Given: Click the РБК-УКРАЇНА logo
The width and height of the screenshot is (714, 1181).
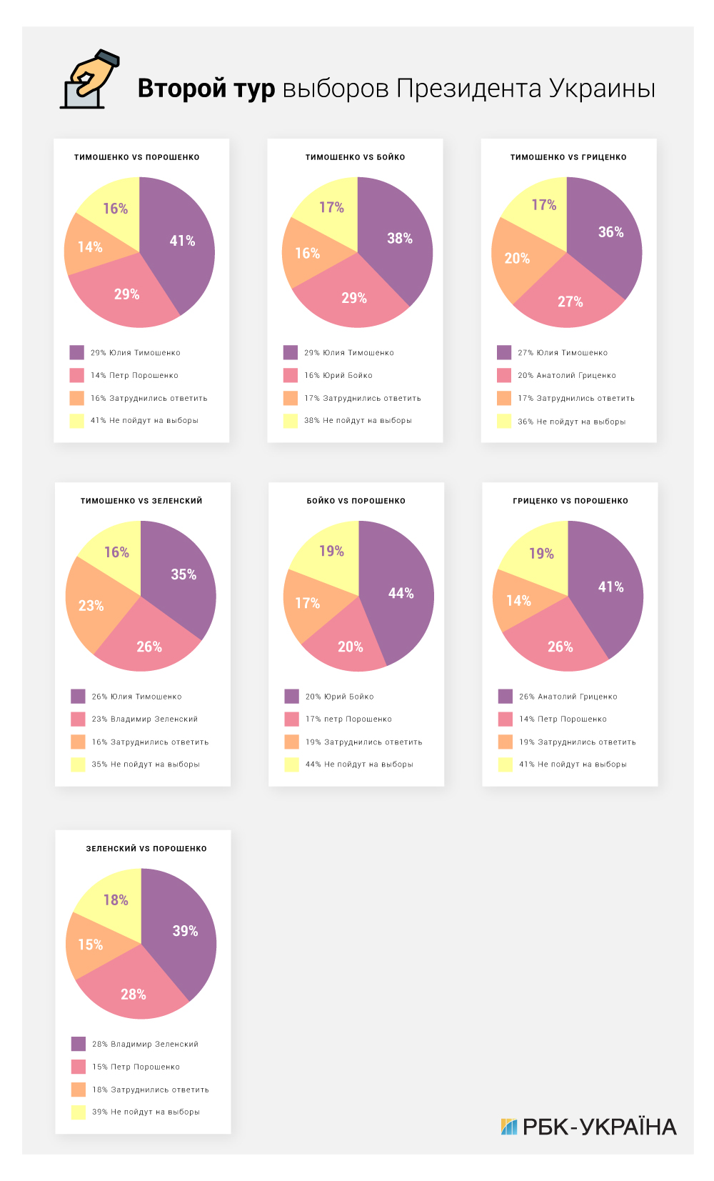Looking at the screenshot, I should [588, 1127].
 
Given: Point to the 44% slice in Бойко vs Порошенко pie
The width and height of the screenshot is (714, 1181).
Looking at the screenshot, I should [398, 594].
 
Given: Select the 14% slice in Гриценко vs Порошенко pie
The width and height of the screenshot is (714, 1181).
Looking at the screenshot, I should [519, 602].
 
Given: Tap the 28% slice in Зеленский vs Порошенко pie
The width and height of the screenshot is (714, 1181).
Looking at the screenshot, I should [134, 993].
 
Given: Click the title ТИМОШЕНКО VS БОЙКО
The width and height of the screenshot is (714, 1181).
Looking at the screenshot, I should [355, 157].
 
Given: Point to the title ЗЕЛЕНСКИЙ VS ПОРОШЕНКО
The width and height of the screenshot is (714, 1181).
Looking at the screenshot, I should [146, 849].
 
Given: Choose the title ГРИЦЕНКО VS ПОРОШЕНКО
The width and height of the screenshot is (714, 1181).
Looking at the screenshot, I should [570, 501].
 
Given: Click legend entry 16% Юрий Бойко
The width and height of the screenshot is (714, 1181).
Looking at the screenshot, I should [338, 375].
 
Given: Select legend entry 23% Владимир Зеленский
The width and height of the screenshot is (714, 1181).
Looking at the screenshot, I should [144, 719].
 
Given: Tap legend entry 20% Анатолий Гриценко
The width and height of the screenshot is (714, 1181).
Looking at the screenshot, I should [566, 375].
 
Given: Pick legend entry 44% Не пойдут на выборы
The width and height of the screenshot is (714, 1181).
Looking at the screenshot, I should [359, 764].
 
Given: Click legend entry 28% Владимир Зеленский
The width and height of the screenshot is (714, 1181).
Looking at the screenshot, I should [145, 1044].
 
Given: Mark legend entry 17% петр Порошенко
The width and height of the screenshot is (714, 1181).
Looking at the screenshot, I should [348, 719].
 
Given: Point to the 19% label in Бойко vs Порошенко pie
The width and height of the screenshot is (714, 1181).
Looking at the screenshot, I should [331, 552].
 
